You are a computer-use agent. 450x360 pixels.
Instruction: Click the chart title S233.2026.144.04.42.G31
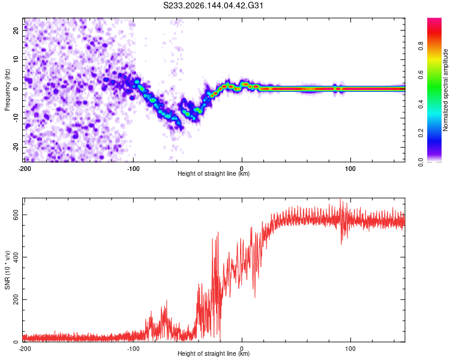pos(213,5)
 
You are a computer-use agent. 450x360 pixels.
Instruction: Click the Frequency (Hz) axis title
pos(7,90)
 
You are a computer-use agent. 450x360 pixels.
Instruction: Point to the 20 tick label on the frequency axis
pos(16,31)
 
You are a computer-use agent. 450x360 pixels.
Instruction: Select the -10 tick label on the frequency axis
pos(16,118)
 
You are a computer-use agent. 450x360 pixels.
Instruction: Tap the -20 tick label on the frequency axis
pos(16,147)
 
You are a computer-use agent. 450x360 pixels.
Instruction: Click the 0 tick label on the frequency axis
pos(16,89)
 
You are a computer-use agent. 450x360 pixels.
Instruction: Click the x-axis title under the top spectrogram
pos(214,173)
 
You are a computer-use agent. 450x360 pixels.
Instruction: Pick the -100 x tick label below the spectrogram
pos(133,169)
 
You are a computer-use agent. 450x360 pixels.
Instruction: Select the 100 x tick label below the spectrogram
pos(350,169)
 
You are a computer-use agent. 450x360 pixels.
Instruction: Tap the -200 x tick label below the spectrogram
pos(25,169)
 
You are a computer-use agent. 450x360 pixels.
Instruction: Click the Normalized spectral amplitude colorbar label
pos(445,90)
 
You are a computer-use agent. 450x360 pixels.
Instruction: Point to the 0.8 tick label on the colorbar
pos(421,46)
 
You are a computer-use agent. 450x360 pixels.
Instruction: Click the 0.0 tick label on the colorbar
pos(421,163)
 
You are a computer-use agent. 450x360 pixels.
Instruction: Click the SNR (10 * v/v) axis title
pos(7,270)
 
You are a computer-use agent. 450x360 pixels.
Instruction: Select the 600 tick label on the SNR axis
pos(16,215)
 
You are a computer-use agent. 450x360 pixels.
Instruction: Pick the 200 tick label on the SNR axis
pos(16,299)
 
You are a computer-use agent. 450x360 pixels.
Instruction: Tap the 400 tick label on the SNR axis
pos(16,257)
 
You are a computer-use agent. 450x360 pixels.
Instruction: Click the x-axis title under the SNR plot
pos(214,353)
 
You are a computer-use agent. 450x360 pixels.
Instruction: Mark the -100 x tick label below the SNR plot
pos(133,349)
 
